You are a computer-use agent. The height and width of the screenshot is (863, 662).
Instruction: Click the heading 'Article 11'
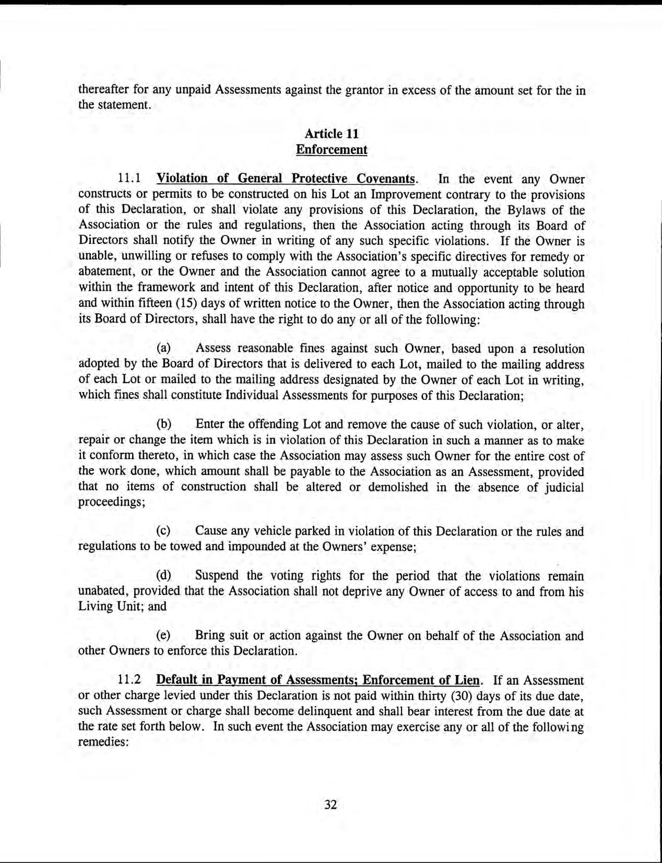point(332,134)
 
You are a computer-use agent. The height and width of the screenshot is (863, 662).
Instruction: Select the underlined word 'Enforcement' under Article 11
point(332,150)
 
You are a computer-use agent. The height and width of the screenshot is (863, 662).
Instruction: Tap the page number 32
point(330,805)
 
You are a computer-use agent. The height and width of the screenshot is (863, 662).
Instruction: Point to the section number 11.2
point(129,680)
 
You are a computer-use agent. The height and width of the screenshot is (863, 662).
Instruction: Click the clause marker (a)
point(164,348)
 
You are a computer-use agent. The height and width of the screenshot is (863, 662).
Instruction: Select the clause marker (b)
point(164,424)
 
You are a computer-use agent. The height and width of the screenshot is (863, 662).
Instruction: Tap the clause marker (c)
point(164,531)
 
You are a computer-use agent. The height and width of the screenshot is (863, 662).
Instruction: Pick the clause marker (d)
point(164,576)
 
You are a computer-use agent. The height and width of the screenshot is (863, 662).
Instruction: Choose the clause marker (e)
point(164,636)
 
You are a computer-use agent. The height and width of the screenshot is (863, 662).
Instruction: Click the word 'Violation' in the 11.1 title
point(182,179)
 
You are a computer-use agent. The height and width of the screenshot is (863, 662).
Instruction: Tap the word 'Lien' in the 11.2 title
point(466,680)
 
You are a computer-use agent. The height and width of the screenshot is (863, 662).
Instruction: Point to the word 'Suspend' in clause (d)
point(217,576)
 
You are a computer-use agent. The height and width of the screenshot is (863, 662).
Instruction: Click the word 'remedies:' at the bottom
point(103,742)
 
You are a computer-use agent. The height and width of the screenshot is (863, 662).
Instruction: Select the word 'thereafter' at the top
point(101,90)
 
